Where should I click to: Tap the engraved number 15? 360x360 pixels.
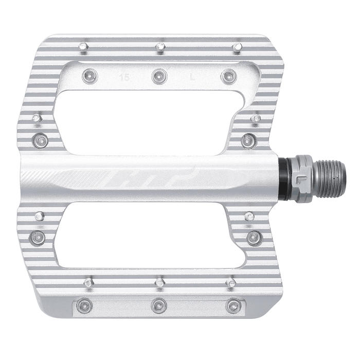[123, 79]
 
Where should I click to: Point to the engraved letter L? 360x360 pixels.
[192, 79]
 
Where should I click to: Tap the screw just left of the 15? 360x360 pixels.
[89, 76]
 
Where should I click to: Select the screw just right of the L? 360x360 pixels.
[229, 77]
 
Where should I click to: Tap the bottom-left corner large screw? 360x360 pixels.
[84, 306]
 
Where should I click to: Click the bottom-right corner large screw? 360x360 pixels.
[233, 306]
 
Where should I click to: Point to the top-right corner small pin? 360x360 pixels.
[237, 47]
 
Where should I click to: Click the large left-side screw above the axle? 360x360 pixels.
[40, 139]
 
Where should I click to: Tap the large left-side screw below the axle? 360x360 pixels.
[39, 237]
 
